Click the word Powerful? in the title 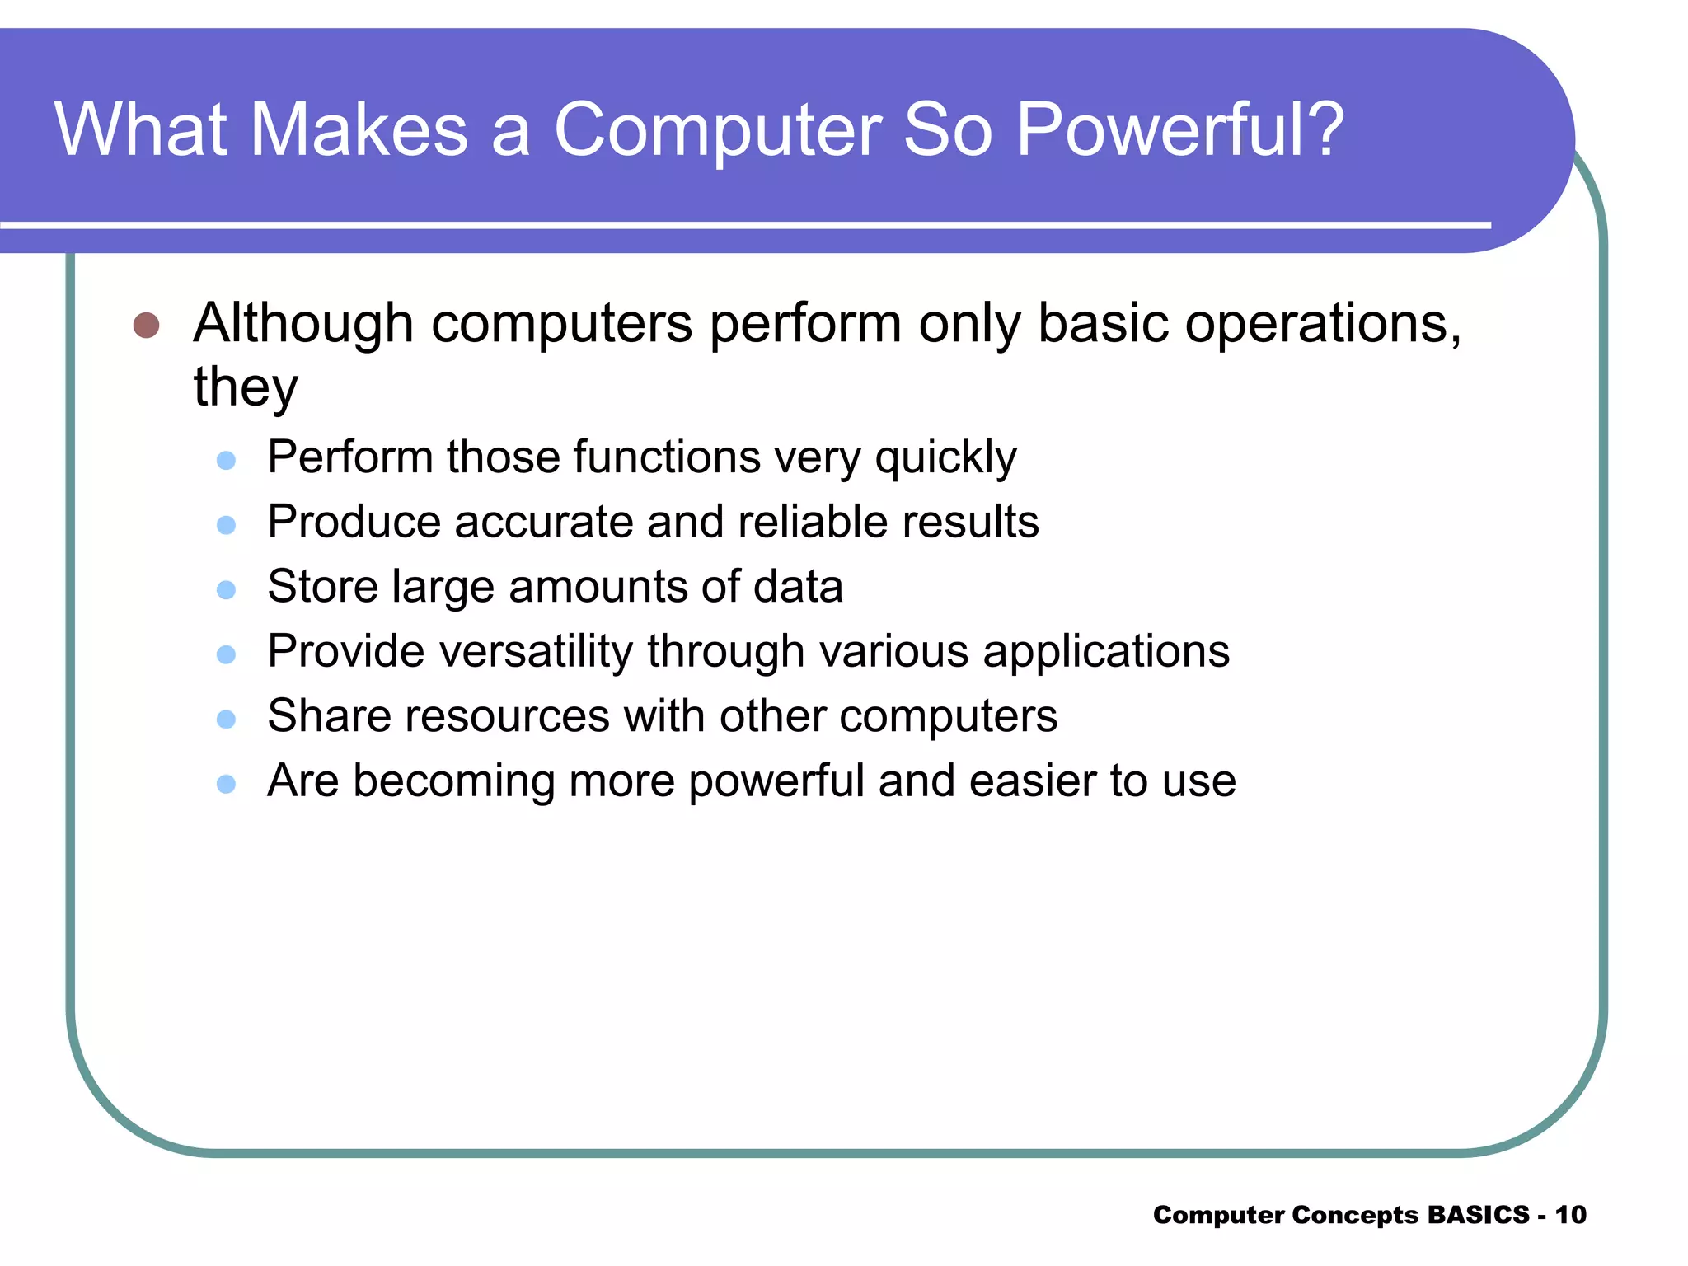click(1179, 130)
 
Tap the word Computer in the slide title click(718, 130)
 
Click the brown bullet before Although click(146, 325)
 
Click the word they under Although click(245, 387)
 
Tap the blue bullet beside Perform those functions click(226, 460)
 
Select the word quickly click(945, 458)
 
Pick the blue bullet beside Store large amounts click(226, 589)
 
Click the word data click(798, 586)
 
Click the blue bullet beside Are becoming click(226, 784)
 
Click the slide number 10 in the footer click(1570, 1215)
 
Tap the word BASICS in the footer click(1478, 1215)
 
